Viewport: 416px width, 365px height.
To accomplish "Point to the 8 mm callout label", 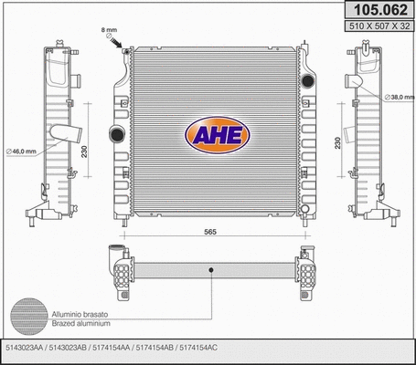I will point(110,31).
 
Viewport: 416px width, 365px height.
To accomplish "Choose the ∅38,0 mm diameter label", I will point(400,97).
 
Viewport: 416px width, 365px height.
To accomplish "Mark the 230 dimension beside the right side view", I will point(337,143).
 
